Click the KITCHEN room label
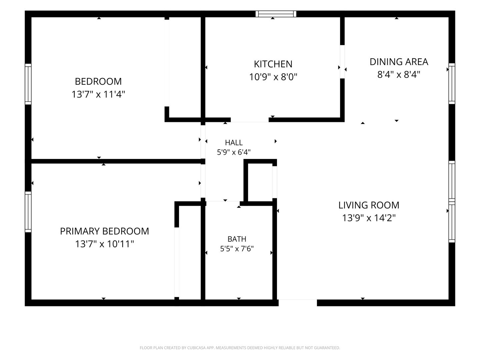pyautogui.click(x=273, y=64)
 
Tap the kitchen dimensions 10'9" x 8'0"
pyautogui.click(x=273, y=77)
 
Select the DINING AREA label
pyautogui.click(x=399, y=62)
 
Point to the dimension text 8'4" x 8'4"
pyautogui.click(x=399, y=75)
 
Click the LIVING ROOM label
pyautogui.click(x=369, y=205)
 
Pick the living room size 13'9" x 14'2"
pyautogui.click(x=369, y=218)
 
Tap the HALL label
pyautogui.click(x=234, y=143)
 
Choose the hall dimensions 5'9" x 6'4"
pyautogui.click(x=234, y=152)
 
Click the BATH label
pyautogui.click(x=237, y=239)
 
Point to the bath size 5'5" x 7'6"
pyautogui.click(x=237, y=249)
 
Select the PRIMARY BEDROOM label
pyautogui.click(x=104, y=231)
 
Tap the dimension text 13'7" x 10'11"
pyautogui.click(x=104, y=244)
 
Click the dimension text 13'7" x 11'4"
pyautogui.click(x=98, y=94)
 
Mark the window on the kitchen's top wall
pyautogui.click(x=276, y=14)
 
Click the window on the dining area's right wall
pyautogui.click(x=452, y=84)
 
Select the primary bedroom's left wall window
pyautogui.click(x=28, y=212)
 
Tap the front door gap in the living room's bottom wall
pyautogui.click(x=298, y=303)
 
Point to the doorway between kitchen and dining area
pyautogui.click(x=342, y=62)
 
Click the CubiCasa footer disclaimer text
pyautogui.click(x=240, y=348)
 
